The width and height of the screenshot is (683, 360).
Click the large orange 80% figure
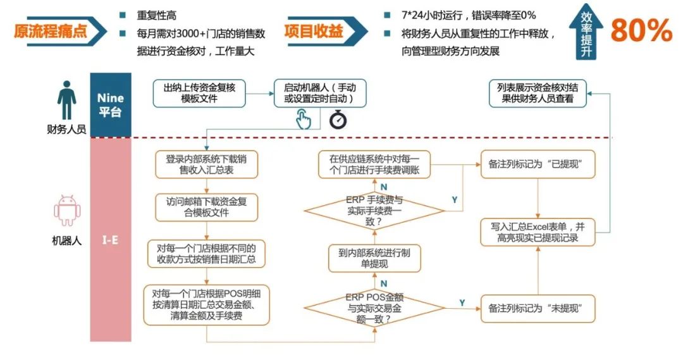(x=641, y=30)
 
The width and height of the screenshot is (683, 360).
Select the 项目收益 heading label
(x=314, y=31)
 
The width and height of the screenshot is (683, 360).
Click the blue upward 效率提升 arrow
(x=586, y=33)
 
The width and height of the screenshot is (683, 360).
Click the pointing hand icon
(x=304, y=118)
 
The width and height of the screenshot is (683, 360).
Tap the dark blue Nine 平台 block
(x=110, y=105)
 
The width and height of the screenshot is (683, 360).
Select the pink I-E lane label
(x=110, y=240)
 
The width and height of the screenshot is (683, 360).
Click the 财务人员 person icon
(x=66, y=100)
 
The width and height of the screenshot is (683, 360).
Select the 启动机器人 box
(x=319, y=93)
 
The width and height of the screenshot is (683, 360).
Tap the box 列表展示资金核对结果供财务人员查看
(x=537, y=93)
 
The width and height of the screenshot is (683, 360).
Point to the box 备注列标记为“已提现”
(x=536, y=163)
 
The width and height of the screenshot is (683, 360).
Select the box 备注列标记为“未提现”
(x=536, y=309)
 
